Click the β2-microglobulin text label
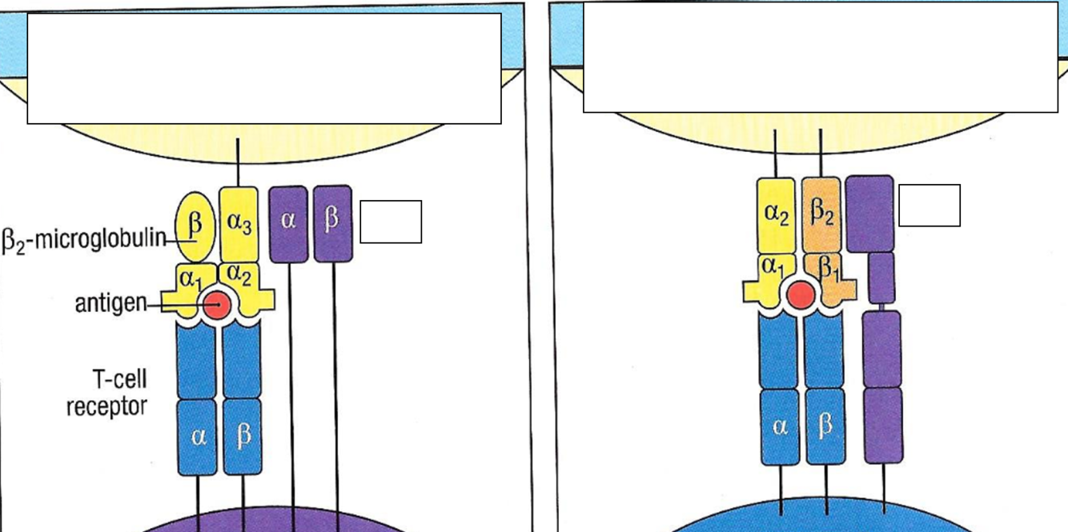tap(84, 238)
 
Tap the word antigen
tap(111, 303)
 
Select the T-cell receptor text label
tap(106, 393)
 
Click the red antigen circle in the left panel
tap(216, 305)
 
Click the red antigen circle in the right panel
tap(800, 295)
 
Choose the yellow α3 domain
tap(239, 224)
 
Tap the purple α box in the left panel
tap(288, 223)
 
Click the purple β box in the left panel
tap(332, 223)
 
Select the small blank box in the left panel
tap(391, 222)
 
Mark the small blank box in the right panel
tap(929, 206)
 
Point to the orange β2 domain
tap(821, 214)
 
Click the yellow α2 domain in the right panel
tap(776, 214)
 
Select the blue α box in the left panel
tap(198, 437)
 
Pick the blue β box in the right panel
tap(825, 426)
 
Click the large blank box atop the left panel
tap(264, 69)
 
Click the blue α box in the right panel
tap(780, 426)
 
